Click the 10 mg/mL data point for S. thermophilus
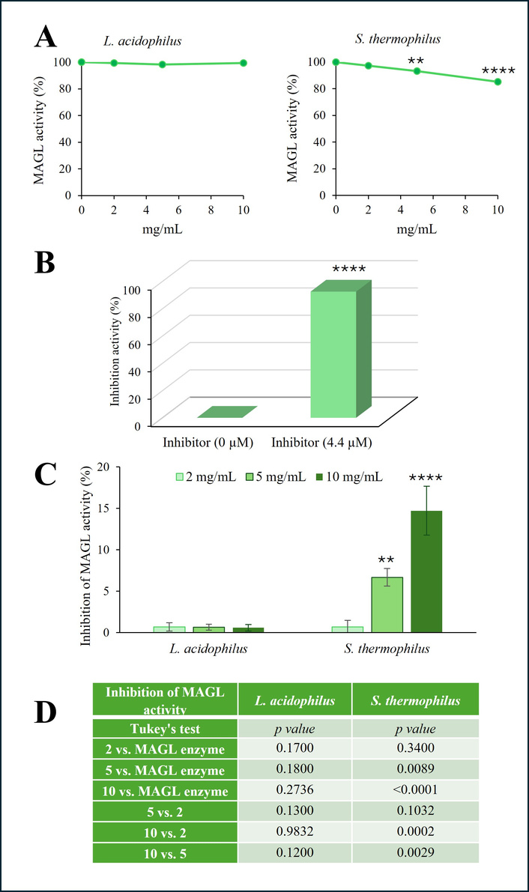[x=498, y=82]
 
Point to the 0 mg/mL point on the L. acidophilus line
[x=82, y=62]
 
